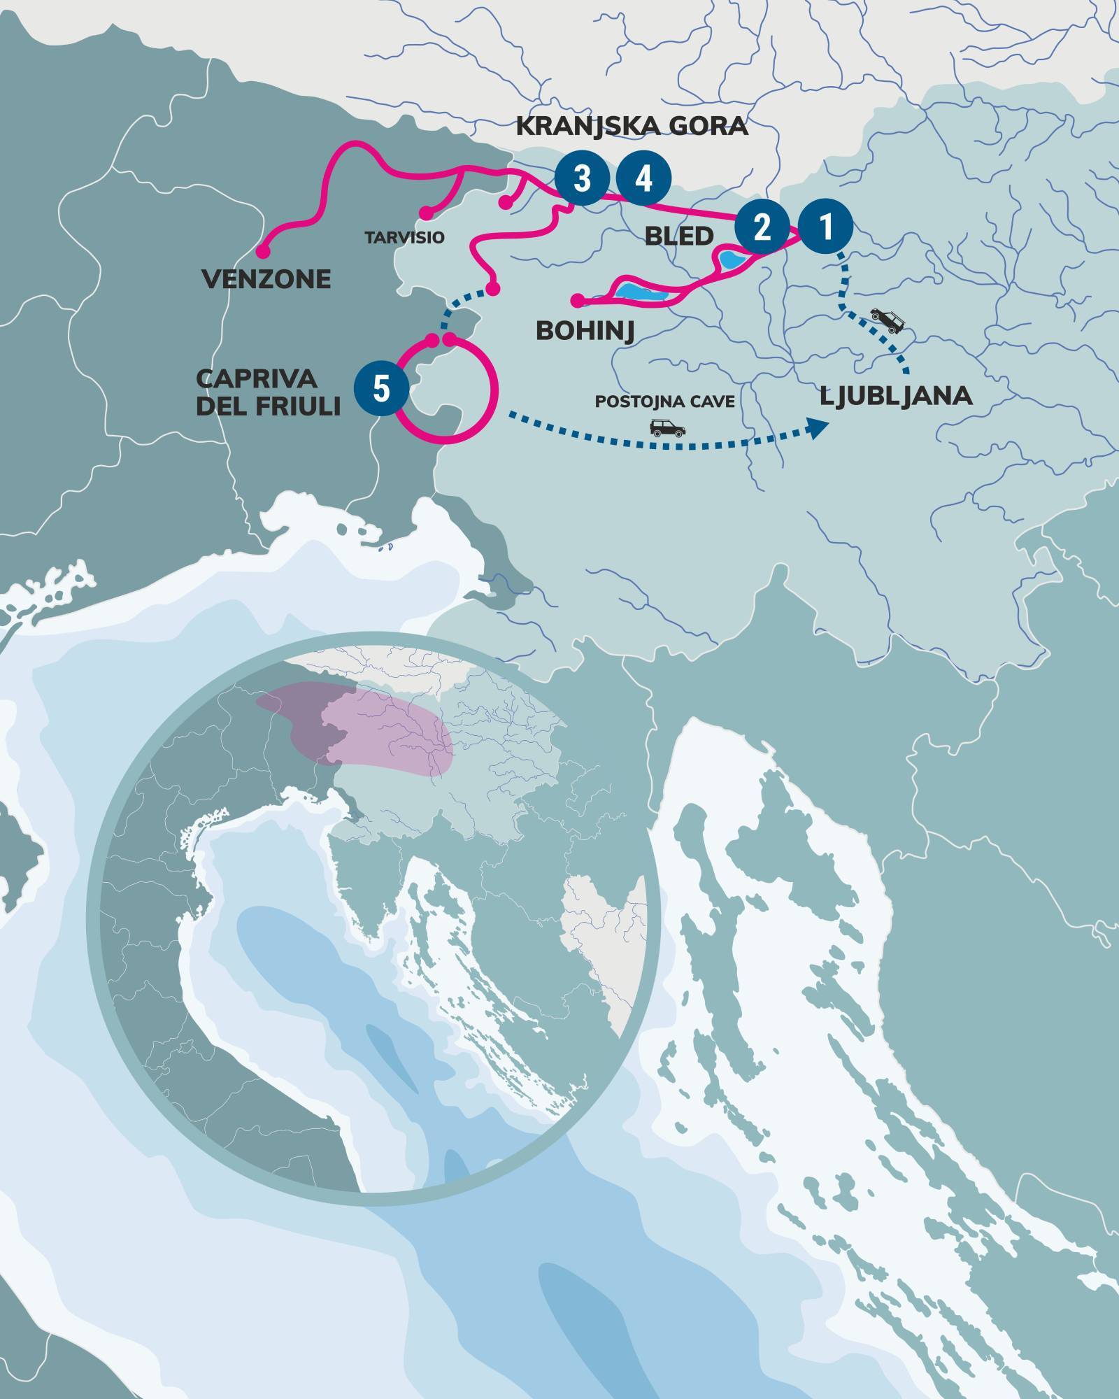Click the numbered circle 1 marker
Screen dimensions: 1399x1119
pos(826,227)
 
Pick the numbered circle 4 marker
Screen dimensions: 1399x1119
pos(643,178)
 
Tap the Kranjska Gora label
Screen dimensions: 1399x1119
pos(632,127)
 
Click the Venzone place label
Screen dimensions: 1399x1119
pos(266,280)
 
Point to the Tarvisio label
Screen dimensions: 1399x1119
pos(404,237)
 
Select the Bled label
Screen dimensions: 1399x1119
pos(679,235)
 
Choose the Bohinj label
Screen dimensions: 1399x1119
pos(585,331)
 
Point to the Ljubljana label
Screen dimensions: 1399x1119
pos(896,397)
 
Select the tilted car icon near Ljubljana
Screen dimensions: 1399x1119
pos(887,319)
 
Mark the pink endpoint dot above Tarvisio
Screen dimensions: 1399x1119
pos(424,212)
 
